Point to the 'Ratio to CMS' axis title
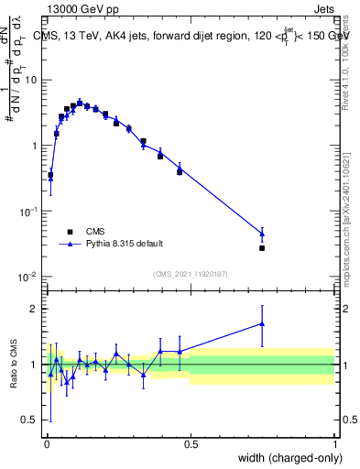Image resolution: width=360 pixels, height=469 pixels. [x=16, y=364]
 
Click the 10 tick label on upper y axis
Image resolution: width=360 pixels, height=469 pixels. [x=30, y=80]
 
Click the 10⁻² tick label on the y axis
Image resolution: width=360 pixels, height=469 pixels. [x=28, y=277]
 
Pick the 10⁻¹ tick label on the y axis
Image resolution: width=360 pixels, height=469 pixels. [x=28, y=212]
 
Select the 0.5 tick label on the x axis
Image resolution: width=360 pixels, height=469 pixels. [x=191, y=442]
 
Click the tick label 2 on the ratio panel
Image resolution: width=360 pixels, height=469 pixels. [x=34, y=308]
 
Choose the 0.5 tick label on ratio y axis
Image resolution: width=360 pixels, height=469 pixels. [x=30, y=420]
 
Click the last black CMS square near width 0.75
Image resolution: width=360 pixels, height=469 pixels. [x=262, y=248]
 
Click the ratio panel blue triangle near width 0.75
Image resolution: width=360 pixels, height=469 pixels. [x=262, y=323]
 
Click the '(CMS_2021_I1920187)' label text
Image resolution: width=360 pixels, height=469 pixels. [x=191, y=274]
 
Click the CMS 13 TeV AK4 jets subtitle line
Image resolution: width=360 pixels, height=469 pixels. [x=193, y=38]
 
